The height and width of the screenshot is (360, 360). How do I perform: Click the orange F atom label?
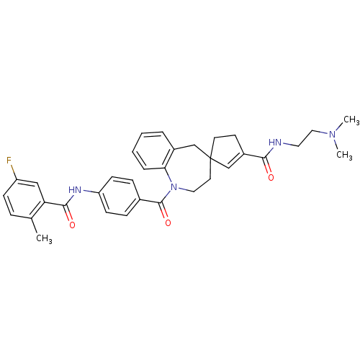pyautogui.click(x=9, y=161)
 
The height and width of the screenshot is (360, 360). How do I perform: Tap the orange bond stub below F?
pyautogui.click(x=13, y=169)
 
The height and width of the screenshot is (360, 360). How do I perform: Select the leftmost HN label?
pyautogui.click(x=75, y=190)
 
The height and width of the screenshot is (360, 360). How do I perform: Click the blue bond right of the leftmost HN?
pyautogui.click(x=87, y=191)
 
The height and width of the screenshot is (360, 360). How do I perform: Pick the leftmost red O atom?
pyautogui.click(x=71, y=225)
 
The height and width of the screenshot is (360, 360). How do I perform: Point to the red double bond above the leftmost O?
pyautogui.click(x=70, y=216)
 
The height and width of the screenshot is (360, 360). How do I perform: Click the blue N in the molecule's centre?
pyautogui.click(x=173, y=188)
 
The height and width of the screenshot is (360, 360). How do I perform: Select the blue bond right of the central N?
pyautogui.click(x=183, y=190)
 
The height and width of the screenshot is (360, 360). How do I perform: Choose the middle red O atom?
pyautogui.click(x=168, y=223)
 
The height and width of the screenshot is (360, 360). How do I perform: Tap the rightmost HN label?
pyautogui.click(x=275, y=142)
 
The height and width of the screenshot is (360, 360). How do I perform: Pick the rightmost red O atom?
pyautogui.click(x=270, y=177)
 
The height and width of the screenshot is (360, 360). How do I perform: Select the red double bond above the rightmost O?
pyautogui.click(x=268, y=168)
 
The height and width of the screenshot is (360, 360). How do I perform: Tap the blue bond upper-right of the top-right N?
pyautogui.click(x=338, y=130)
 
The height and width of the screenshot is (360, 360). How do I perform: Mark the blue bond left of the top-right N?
pyautogui.click(x=324, y=132)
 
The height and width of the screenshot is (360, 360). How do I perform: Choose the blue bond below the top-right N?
pyautogui.click(x=336, y=143)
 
